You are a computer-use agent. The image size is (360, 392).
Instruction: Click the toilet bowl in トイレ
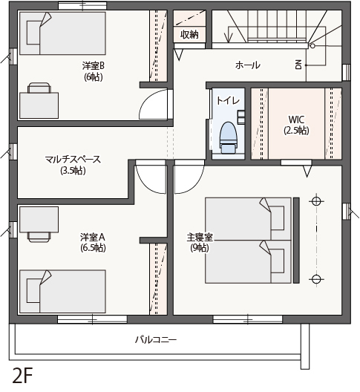tap(228, 137)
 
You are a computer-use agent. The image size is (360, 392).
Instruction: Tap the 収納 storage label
tap(190, 34)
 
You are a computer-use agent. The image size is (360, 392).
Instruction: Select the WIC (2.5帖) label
tap(296, 125)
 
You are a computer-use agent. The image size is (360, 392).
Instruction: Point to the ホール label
tap(247, 65)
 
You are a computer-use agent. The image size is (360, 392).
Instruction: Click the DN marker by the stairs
tap(298, 65)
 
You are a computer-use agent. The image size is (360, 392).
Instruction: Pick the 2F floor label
tap(22, 376)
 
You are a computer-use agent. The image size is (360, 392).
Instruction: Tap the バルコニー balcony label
tap(156, 340)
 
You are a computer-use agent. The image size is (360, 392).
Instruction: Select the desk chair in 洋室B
tap(39, 88)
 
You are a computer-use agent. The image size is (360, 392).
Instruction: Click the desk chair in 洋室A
tap(39, 238)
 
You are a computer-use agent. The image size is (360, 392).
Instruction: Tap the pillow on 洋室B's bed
tap(33, 33)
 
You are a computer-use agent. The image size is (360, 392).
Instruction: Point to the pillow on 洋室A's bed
tap(33, 290)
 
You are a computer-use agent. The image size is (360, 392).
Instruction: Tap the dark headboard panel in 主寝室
tap(296, 241)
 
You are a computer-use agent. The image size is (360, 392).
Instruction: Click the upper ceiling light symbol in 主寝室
tap(316, 200)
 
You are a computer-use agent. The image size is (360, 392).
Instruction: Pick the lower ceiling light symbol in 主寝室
tap(316, 279)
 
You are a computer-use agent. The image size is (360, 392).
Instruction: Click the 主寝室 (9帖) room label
tap(200, 242)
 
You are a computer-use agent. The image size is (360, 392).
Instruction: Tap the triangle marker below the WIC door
tap(307, 171)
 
